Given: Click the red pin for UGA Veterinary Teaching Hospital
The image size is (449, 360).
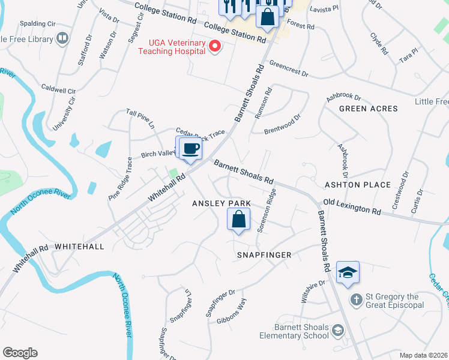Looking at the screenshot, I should pyautogui.click(x=214, y=46).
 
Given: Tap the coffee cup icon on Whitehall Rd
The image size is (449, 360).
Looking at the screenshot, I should pyautogui.click(x=191, y=148).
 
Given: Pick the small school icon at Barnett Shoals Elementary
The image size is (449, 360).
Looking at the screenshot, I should pyautogui.click(x=338, y=331).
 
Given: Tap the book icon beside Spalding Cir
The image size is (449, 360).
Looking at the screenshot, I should pyautogui.click(x=62, y=39).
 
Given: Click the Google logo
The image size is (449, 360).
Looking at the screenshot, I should pyautogui.click(x=20, y=353).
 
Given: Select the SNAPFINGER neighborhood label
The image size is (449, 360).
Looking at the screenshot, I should pyautogui.click(x=264, y=255).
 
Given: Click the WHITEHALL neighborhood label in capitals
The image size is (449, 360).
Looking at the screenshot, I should pyautogui.click(x=79, y=247).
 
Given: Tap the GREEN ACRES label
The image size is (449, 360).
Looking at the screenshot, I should pyautogui.click(x=368, y=109).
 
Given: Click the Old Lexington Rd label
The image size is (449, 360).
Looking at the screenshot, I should pyautogui.click(x=352, y=208).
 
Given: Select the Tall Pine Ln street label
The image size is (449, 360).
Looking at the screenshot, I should pyautogui.click(x=140, y=119).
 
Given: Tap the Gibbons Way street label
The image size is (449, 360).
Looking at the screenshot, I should pyautogui.click(x=231, y=311).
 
